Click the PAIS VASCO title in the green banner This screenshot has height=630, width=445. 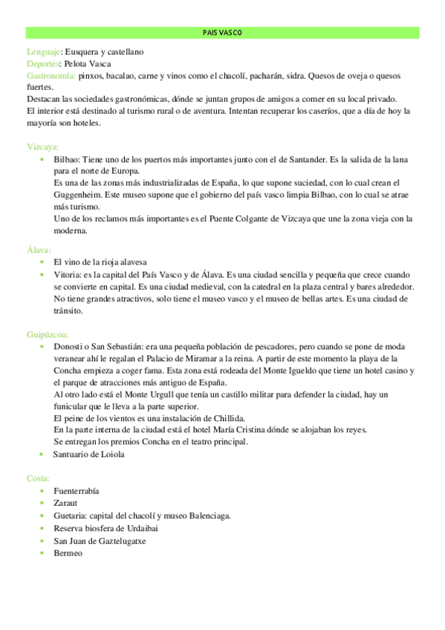222,33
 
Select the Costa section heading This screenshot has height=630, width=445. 38,478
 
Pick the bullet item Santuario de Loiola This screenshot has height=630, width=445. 89,454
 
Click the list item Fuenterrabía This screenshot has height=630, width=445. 77,491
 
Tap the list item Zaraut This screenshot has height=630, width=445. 65,503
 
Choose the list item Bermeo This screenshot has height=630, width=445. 68,553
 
